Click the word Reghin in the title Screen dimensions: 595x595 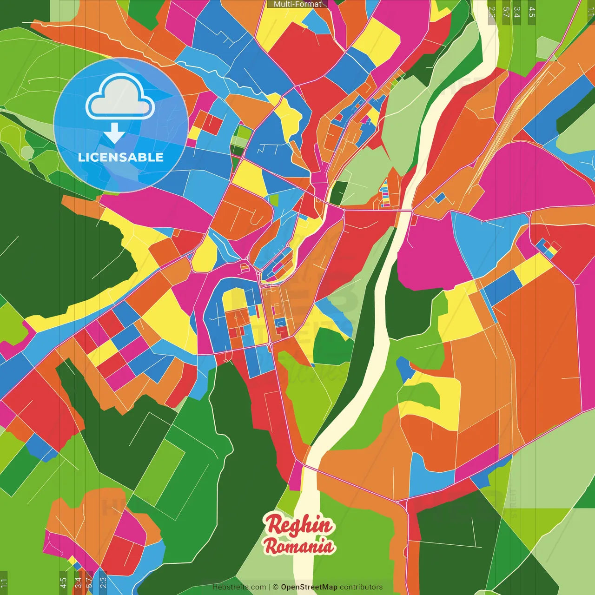tap(299, 525)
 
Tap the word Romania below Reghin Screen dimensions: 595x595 tap(299, 546)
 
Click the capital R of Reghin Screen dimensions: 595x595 tap(273, 525)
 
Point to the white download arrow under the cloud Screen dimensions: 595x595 tap(114, 133)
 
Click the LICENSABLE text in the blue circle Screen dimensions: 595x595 tap(121, 157)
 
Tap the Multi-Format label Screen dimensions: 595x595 tap(297, 4)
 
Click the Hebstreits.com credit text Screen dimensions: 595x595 tap(239, 587)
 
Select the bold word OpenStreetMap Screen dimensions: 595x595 tap(309, 587)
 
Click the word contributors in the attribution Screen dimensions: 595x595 tap(361, 587)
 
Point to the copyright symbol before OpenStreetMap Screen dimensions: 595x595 tap(275, 587)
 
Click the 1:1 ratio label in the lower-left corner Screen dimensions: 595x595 tap(4, 582)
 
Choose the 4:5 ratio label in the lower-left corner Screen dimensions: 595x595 tap(63, 582)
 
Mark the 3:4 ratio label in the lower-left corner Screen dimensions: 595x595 tap(78, 582)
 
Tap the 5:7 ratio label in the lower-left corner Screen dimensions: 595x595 tap(89, 582)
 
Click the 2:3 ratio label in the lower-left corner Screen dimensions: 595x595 tap(103, 582)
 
